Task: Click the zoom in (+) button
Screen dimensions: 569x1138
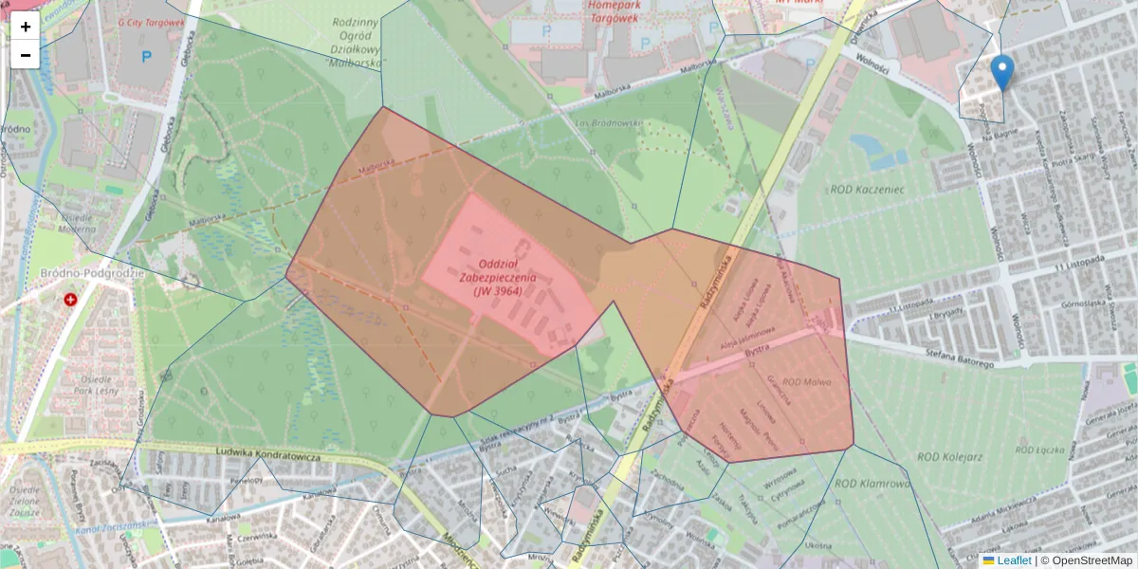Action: pos(26,27)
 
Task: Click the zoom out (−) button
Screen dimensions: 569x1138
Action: pos(26,55)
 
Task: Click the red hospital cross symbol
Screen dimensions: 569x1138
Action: pos(70,300)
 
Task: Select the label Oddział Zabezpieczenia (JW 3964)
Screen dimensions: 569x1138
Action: pos(497,277)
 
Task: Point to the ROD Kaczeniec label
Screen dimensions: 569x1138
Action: pos(868,189)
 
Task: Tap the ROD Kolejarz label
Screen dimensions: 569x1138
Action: pos(945,456)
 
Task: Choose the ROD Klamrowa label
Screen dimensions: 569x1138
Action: pos(872,484)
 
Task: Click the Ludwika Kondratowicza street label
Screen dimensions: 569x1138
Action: pos(269,455)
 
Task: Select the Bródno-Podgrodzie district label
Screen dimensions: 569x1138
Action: pos(91,273)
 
